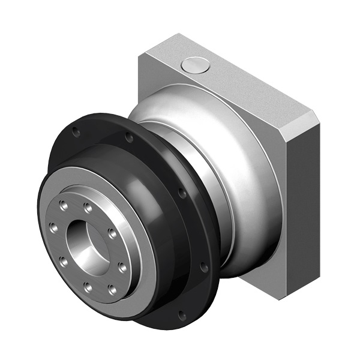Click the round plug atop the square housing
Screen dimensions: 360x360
(196, 65)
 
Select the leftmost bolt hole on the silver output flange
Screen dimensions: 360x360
(53, 228)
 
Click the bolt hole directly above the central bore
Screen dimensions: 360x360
(88, 208)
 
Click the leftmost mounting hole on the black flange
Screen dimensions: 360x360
(74, 131)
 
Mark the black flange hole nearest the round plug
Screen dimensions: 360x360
(129, 137)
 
